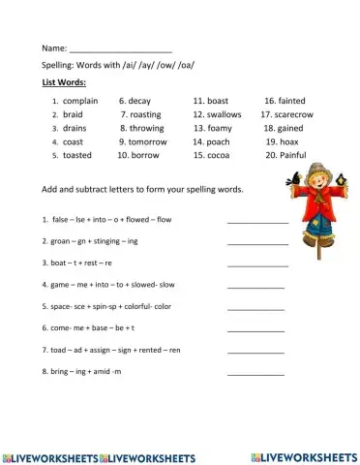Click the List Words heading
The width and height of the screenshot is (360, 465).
point(64,82)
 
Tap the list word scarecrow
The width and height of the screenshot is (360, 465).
point(293,113)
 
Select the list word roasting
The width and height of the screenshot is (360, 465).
point(144,113)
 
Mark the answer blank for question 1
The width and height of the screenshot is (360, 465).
point(257,222)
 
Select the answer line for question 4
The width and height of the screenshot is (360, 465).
point(255,287)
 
